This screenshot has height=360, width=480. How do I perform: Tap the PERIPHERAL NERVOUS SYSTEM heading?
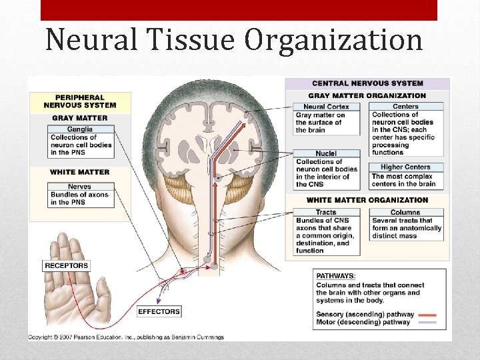[79, 101]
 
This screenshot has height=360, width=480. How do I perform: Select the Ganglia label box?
[79, 129]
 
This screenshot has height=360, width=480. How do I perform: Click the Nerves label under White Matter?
[79, 187]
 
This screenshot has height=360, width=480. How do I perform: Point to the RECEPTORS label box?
[66, 266]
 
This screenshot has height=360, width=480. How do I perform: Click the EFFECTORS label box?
[159, 311]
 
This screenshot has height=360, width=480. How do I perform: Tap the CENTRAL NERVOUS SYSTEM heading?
[367, 83]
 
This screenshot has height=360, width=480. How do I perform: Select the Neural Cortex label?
[326, 107]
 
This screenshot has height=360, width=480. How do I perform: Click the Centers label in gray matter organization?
[405, 107]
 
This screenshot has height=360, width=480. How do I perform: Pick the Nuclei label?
[326, 153]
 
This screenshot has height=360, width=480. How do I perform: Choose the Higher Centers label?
[405, 167]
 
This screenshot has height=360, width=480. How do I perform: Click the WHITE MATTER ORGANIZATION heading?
[367, 200]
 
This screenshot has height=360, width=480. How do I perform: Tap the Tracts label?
[326, 212]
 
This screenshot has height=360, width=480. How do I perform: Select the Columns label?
[405, 212]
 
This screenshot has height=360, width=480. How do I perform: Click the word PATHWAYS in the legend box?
[336, 275]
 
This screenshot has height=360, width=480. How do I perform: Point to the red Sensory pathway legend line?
[427, 314]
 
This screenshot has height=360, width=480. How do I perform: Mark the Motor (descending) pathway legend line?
[427, 323]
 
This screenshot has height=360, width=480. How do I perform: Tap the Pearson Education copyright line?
[126, 337]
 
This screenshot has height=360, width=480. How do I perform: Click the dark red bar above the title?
[239, 10]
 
